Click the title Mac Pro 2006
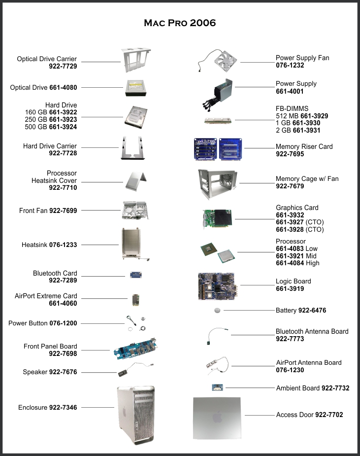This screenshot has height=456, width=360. click(x=180, y=23)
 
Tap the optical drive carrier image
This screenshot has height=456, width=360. click(x=136, y=61)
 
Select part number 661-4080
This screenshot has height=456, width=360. click(x=63, y=88)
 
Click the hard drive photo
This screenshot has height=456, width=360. click(x=136, y=117)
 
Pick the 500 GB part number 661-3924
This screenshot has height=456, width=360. click(x=63, y=127)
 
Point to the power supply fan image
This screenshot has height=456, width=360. click(x=217, y=61)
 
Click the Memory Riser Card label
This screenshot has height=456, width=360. click(x=304, y=146)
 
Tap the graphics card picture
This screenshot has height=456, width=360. click(x=217, y=218)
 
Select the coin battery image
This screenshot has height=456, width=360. click(x=217, y=311)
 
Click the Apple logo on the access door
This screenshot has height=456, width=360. click(x=217, y=418)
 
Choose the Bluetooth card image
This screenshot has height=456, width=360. click(x=136, y=275)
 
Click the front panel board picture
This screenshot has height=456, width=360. click(x=136, y=349)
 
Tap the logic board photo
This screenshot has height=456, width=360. click(x=217, y=286)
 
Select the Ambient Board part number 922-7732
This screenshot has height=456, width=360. click(x=335, y=388)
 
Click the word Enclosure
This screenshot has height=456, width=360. click(x=33, y=407)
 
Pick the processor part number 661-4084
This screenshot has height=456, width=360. click(x=290, y=263)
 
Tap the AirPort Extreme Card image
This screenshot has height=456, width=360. click(x=136, y=300)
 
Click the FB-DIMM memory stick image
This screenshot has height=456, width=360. click(x=218, y=120)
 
